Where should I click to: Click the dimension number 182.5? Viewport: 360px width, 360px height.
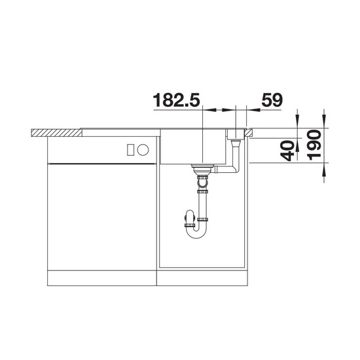176,100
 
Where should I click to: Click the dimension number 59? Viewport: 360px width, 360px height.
272,100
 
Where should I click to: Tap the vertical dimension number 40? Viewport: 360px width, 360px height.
287,151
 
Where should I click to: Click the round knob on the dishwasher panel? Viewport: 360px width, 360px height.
143,150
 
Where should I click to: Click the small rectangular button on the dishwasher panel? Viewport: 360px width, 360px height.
130,150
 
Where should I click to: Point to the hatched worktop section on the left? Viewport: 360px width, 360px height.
56,133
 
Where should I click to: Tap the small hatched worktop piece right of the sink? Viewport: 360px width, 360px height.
249,132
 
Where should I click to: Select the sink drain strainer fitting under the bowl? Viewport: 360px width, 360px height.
201,170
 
